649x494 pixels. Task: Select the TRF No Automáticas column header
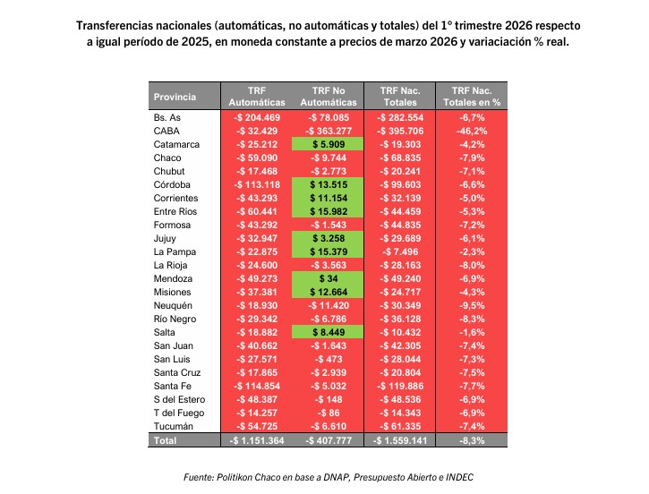(329, 97)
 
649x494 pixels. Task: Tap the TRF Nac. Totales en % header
(472, 97)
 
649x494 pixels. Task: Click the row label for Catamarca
(176, 144)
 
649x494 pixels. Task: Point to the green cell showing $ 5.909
(329, 144)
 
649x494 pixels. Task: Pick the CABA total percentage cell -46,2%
(472, 131)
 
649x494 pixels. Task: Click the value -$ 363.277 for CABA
(329, 131)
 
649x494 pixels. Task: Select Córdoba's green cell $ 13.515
(329, 184)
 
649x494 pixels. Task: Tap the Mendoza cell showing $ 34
(329, 278)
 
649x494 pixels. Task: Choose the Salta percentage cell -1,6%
(472, 332)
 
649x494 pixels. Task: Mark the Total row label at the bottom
(166, 440)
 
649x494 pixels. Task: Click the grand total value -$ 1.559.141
(400, 440)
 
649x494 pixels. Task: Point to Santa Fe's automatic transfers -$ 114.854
(256, 386)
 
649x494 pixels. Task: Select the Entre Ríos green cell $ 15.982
(329, 211)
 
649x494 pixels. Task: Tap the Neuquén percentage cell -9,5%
(472, 305)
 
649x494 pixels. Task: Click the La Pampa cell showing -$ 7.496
(400, 251)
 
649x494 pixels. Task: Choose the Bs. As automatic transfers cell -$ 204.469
(256, 117)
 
